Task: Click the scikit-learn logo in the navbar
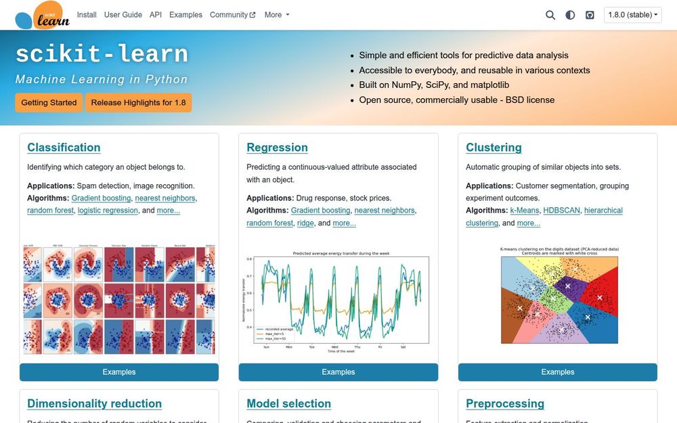(42, 15)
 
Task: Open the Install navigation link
(87, 15)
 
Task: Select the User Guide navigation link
(123, 15)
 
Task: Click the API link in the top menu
(156, 15)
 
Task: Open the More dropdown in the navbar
(277, 15)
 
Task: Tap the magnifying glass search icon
(550, 15)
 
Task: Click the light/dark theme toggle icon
(570, 15)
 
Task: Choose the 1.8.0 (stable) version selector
(633, 15)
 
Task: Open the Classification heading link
(64, 148)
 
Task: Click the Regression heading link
(277, 148)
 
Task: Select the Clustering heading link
(494, 148)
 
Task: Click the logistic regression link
(108, 210)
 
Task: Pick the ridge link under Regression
(305, 223)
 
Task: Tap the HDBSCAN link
(561, 210)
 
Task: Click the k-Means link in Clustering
(525, 210)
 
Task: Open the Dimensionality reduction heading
(94, 403)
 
